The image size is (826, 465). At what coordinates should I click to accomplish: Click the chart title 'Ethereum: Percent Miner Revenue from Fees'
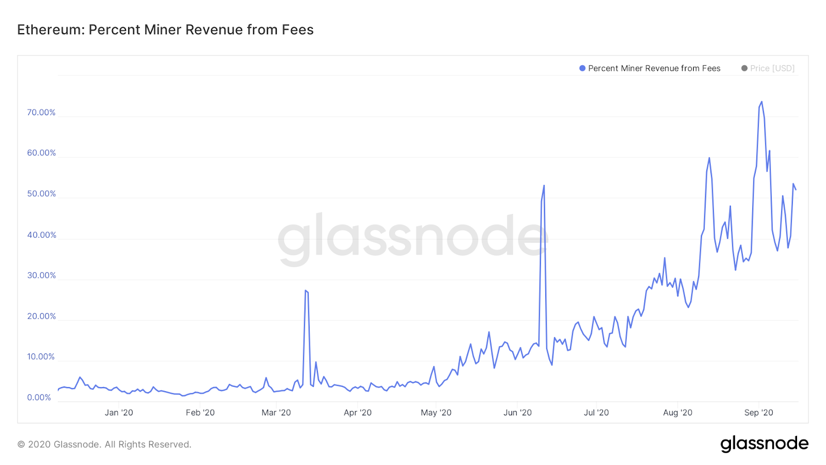click(165, 30)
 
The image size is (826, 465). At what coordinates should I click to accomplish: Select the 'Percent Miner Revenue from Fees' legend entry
click(649, 68)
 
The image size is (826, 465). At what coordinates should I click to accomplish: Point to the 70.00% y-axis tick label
click(41, 113)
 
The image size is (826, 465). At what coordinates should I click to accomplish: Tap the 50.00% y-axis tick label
click(41, 194)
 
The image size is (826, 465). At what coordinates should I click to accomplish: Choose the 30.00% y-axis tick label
click(41, 275)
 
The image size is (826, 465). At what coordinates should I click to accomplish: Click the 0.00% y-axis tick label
click(39, 397)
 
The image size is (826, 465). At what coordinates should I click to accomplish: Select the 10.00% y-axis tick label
click(41, 357)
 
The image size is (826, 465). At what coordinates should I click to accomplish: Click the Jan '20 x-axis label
click(119, 412)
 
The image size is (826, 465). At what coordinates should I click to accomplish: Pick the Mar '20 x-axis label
click(276, 412)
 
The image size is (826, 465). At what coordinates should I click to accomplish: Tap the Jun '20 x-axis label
click(517, 412)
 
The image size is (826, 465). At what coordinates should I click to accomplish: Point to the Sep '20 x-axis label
click(758, 412)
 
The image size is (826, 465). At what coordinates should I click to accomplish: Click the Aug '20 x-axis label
click(677, 412)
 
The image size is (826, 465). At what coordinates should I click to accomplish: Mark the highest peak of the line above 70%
click(761, 102)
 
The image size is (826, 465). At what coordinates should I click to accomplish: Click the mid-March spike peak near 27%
click(306, 290)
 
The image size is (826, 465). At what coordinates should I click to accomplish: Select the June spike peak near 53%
click(544, 185)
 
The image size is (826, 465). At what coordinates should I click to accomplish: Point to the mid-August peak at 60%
click(709, 158)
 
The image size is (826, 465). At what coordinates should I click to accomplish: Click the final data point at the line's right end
click(796, 190)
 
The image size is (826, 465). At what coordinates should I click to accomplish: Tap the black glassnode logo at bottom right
click(764, 444)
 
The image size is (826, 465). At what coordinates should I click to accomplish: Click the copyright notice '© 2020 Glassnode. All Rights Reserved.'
click(104, 444)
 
